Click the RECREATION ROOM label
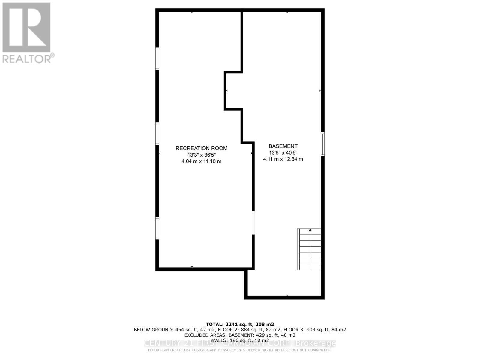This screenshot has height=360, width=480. point(201,148)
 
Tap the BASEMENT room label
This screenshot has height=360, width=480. point(283,146)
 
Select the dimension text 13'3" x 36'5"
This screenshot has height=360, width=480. point(201,155)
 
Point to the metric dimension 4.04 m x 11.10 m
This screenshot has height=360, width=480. point(201,161)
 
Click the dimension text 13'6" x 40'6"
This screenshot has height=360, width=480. point(283,153)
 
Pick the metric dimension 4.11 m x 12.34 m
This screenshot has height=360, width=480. point(283,159)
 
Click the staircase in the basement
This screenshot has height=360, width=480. point(309,250)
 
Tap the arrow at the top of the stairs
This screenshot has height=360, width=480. point(310,230)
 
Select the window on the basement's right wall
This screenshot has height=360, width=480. point(322,144)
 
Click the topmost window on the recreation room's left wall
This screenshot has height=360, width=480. point(157,58)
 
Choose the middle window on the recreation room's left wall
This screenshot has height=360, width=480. point(157,133)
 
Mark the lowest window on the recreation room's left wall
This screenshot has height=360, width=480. point(157,228)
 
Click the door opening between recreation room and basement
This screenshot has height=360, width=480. point(253,223)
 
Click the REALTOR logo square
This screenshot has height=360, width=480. point(26,27)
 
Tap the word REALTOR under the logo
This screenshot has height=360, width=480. point(27,58)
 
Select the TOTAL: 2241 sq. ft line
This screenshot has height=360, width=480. point(240,324)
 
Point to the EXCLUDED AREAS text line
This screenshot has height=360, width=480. point(240,335)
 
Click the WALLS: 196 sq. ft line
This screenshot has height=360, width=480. point(240,340)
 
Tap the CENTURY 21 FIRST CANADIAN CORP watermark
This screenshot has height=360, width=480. point(240,343)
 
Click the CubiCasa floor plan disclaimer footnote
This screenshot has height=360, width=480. point(240,350)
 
